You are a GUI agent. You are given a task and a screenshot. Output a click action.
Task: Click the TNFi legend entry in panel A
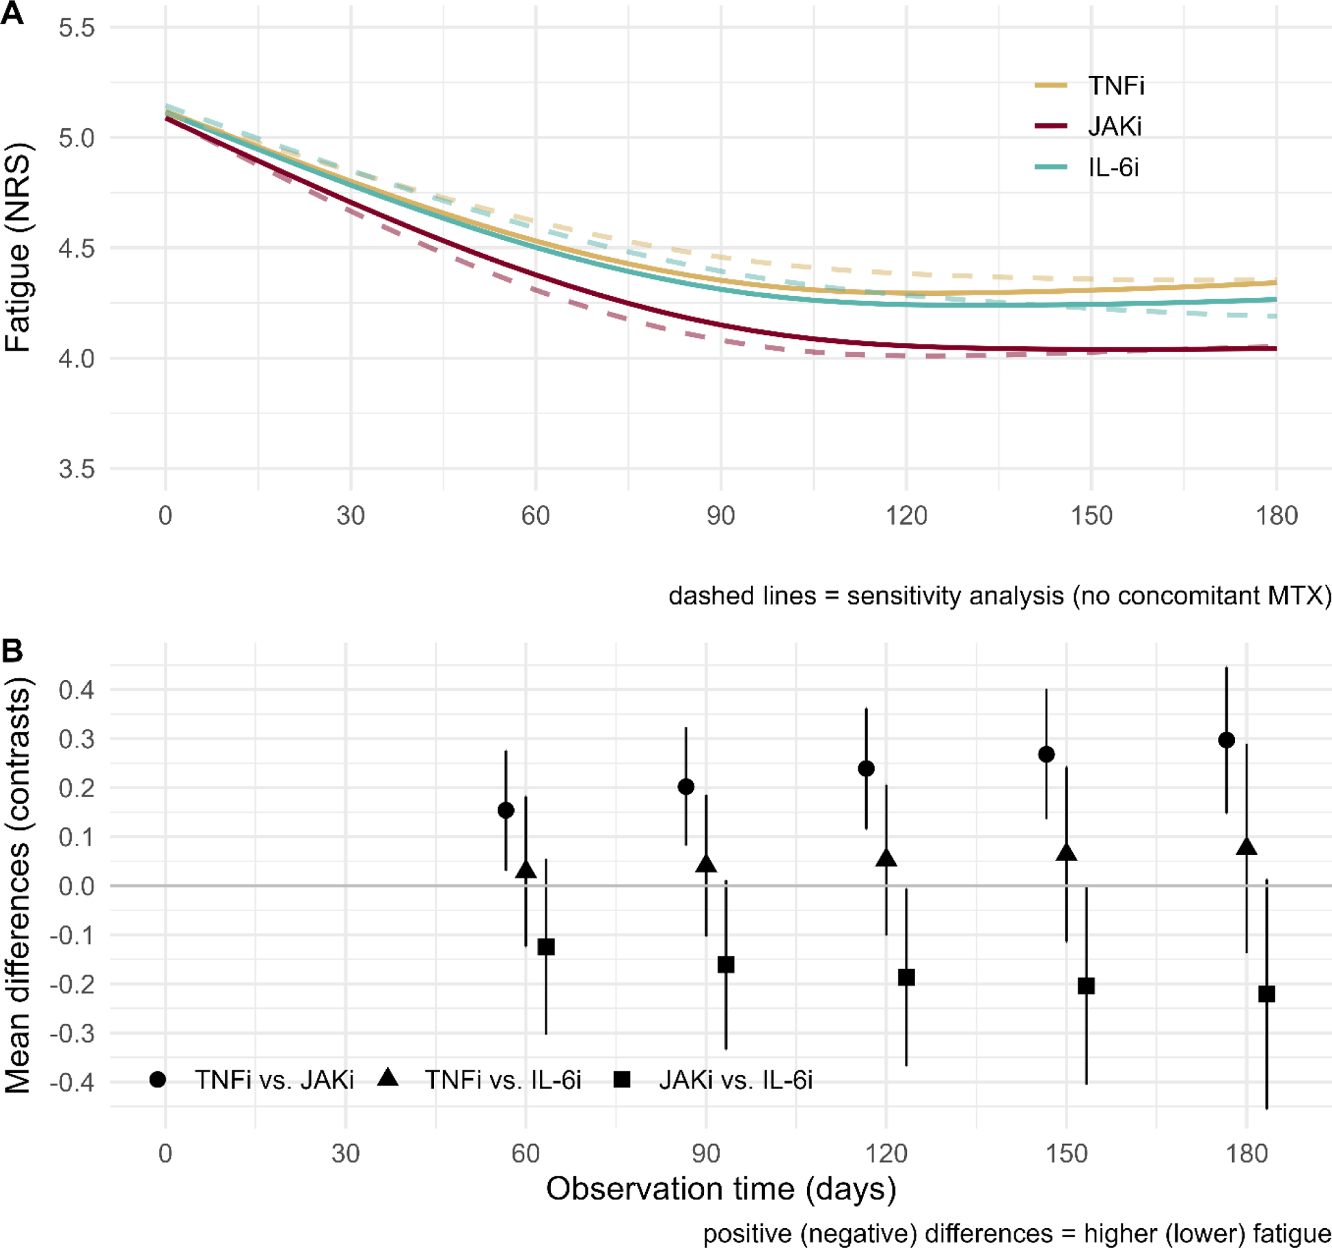click(1115, 85)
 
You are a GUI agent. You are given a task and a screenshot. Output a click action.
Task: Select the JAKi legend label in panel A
click(1115, 126)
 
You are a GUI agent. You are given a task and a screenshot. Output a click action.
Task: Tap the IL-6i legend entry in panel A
click(1113, 167)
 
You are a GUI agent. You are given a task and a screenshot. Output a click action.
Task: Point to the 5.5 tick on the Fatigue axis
click(77, 28)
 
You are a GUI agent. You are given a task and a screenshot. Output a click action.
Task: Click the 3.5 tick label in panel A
click(77, 469)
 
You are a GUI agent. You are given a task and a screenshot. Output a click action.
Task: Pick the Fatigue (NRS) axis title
click(18, 247)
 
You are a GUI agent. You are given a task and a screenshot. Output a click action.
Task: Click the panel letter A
click(12, 12)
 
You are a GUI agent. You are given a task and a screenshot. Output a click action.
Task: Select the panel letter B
click(12, 650)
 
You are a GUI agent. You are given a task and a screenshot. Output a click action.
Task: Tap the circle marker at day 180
click(1226, 740)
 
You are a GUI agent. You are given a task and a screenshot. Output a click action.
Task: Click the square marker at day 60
click(545, 947)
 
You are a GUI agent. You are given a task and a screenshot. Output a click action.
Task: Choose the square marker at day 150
click(1086, 986)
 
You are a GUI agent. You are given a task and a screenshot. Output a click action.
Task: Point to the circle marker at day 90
click(685, 787)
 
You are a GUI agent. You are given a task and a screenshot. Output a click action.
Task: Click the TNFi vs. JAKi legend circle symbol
click(158, 1079)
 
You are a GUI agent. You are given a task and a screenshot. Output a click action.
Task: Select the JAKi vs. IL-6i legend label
click(735, 1080)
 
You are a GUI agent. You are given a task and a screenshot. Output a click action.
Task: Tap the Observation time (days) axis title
click(720, 1189)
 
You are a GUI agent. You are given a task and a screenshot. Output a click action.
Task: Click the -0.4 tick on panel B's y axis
click(72, 1082)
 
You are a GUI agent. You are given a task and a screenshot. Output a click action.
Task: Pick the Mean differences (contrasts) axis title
click(18, 886)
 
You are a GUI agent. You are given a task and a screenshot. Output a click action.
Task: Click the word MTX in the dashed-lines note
click(1294, 596)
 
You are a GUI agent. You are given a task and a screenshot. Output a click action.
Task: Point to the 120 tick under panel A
click(906, 515)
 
